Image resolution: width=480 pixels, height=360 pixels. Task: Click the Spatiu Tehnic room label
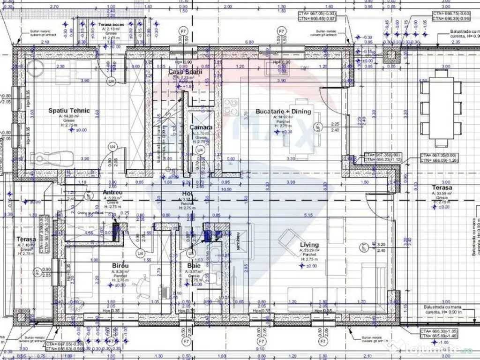[x=69, y=111]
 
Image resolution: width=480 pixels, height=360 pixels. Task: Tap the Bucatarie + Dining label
[x=283, y=112]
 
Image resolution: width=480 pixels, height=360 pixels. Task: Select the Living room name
[x=309, y=245]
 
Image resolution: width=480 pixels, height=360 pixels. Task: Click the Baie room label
[x=194, y=265]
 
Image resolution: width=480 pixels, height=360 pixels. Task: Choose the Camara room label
[x=201, y=127]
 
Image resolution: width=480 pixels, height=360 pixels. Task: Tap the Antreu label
[x=112, y=192]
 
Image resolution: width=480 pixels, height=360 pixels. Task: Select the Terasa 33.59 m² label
[x=442, y=188]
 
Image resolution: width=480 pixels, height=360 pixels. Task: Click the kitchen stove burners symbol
[x=231, y=103]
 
